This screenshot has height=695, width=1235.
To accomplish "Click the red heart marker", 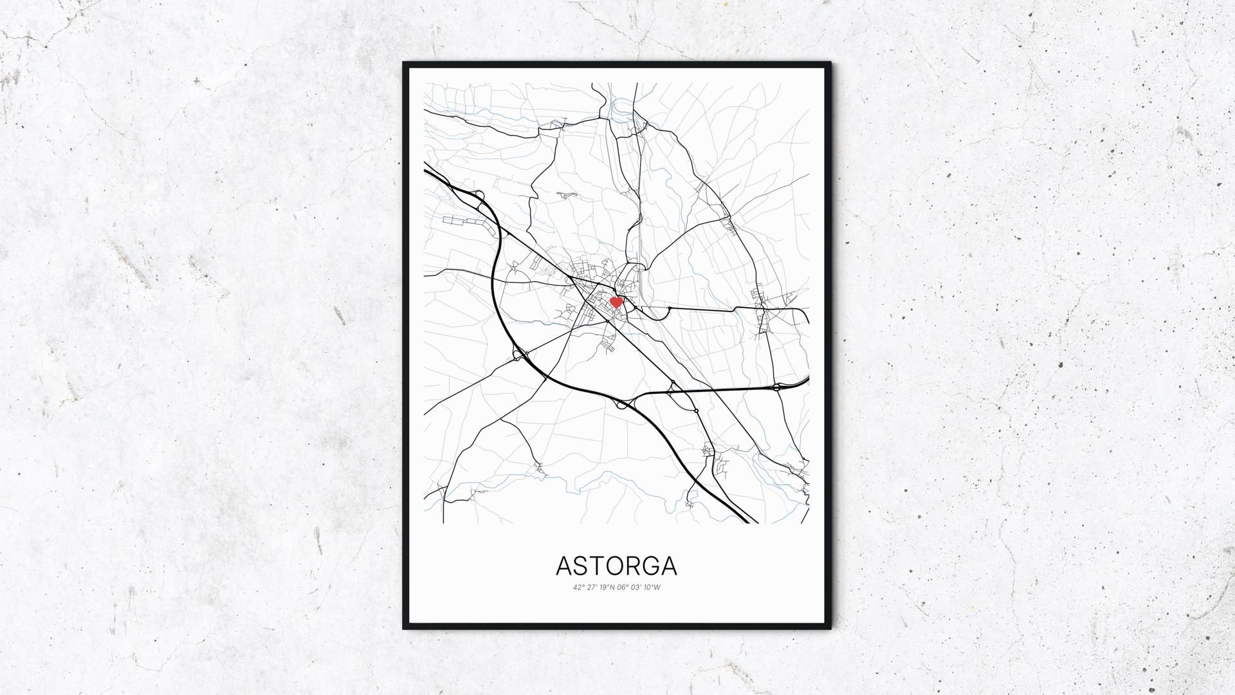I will (x=616, y=302).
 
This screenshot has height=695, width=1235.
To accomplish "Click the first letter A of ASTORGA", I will (x=564, y=566).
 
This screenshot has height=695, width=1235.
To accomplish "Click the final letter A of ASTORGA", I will (x=668, y=566).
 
